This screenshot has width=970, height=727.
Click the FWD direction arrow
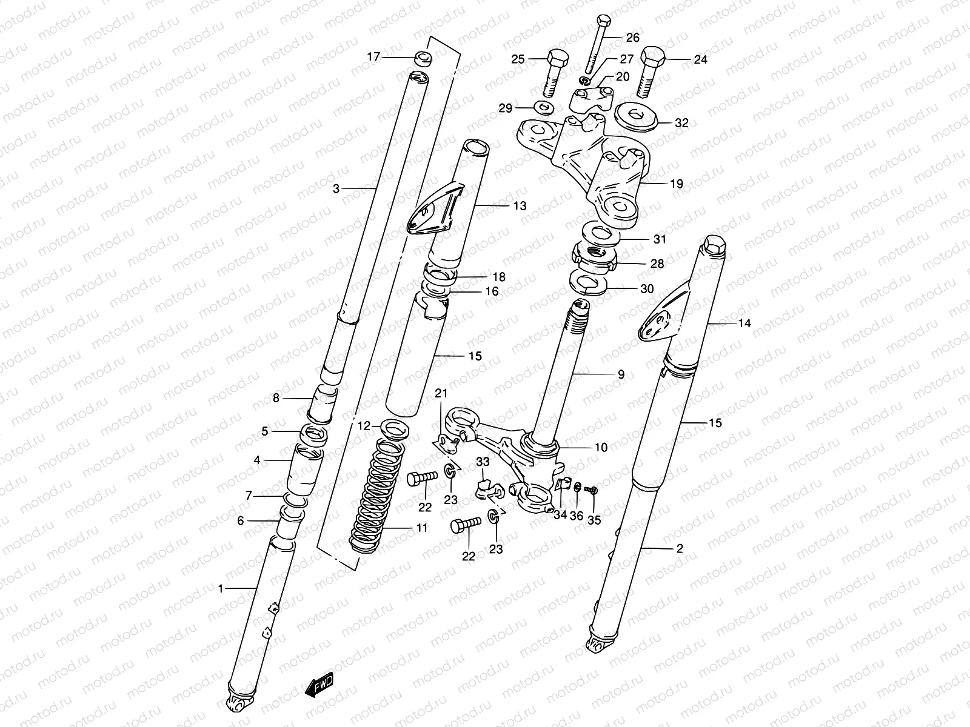click(x=319, y=686)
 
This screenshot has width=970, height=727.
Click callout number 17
click(x=373, y=57)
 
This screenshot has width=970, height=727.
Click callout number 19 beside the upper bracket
click(x=677, y=184)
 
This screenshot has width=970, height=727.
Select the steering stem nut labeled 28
click(x=595, y=256)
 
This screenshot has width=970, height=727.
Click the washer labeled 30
click(x=587, y=284)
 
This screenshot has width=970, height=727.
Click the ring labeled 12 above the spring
click(x=395, y=429)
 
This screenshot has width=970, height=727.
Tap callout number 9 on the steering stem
click(x=621, y=374)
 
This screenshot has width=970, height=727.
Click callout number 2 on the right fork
click(x=679, y=549)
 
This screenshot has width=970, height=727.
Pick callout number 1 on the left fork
click(x=222, y=588)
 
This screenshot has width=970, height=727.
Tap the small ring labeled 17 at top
click(x=422, y=59)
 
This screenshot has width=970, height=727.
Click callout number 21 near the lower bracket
click(x=441, y=394)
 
